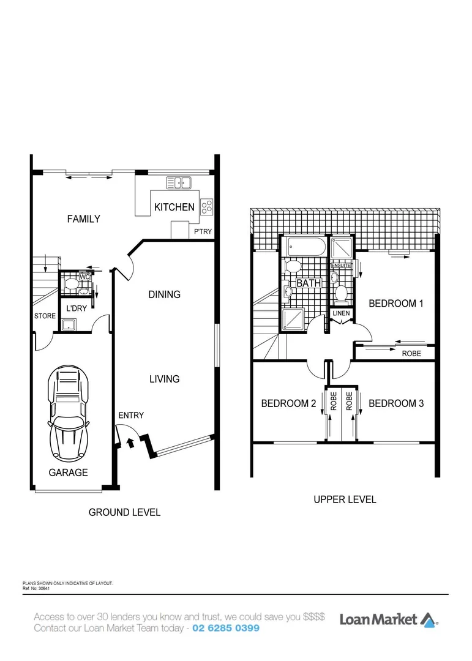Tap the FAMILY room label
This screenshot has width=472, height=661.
(83, 218)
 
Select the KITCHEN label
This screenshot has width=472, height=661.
(174, 207)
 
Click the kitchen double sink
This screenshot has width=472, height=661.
(178, 182)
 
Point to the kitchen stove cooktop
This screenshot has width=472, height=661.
(206, 207)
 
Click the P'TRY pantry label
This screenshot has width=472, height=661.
(203, 232)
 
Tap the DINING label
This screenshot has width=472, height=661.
(164, 294)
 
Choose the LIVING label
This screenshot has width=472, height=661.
(164, 379)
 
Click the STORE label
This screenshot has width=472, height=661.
(45, 316)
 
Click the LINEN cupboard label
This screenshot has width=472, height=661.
(341, 314)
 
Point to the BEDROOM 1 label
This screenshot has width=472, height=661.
(395, 304)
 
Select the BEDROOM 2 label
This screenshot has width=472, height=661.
(288, 403)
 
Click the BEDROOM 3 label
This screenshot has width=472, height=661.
(396, 403)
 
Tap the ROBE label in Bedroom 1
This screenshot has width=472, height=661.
(411, 354)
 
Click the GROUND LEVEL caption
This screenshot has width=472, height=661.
(124, 512)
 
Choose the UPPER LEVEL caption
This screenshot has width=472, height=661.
(345, 499)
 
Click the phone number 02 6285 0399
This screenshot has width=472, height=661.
(226, 629)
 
